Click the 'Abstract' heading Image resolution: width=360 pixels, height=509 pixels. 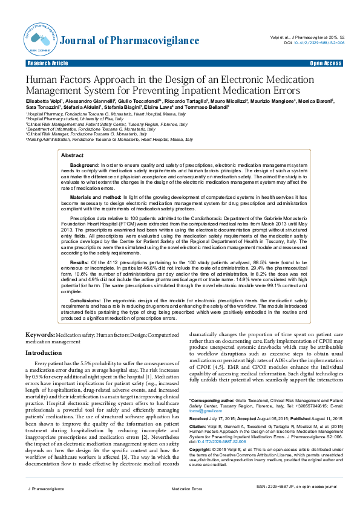coord(73,155)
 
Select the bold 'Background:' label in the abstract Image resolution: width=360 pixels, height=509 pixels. coord(85,165)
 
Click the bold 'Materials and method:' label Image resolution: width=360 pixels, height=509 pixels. coord(96,197)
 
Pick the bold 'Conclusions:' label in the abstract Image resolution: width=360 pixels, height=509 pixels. coord(85,300)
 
